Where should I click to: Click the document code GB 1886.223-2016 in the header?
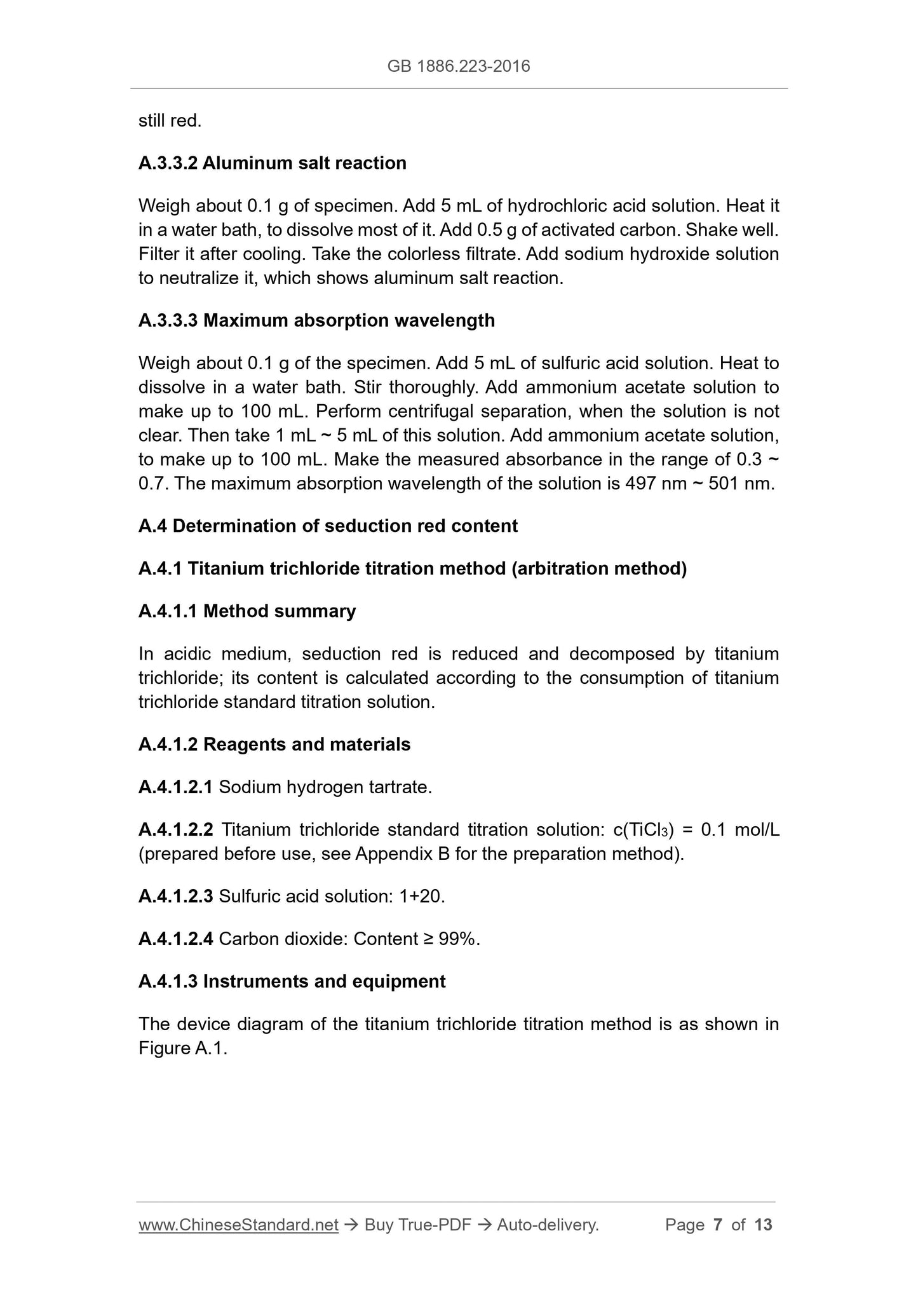(x=458, y=66)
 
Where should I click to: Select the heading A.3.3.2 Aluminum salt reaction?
(x=272, y=163)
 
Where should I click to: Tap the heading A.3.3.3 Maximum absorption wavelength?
(x=316, y=320)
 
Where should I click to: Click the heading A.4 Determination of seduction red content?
(x=328, y=526)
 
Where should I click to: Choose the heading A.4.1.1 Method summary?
(x=246, y=611)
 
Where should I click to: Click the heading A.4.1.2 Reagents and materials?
(x=274, y=745)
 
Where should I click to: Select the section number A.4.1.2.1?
(x=175, y=788)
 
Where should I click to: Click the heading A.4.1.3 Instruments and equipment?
(x=292, y=982)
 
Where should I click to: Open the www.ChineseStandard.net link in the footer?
(x=238, y=1225)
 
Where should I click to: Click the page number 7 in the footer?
(x=718, y=1225)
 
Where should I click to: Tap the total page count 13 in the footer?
(x=763, y=1225)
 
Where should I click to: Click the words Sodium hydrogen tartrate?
(x=325, y=788)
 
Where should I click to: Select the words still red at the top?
(x=170, y=121)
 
